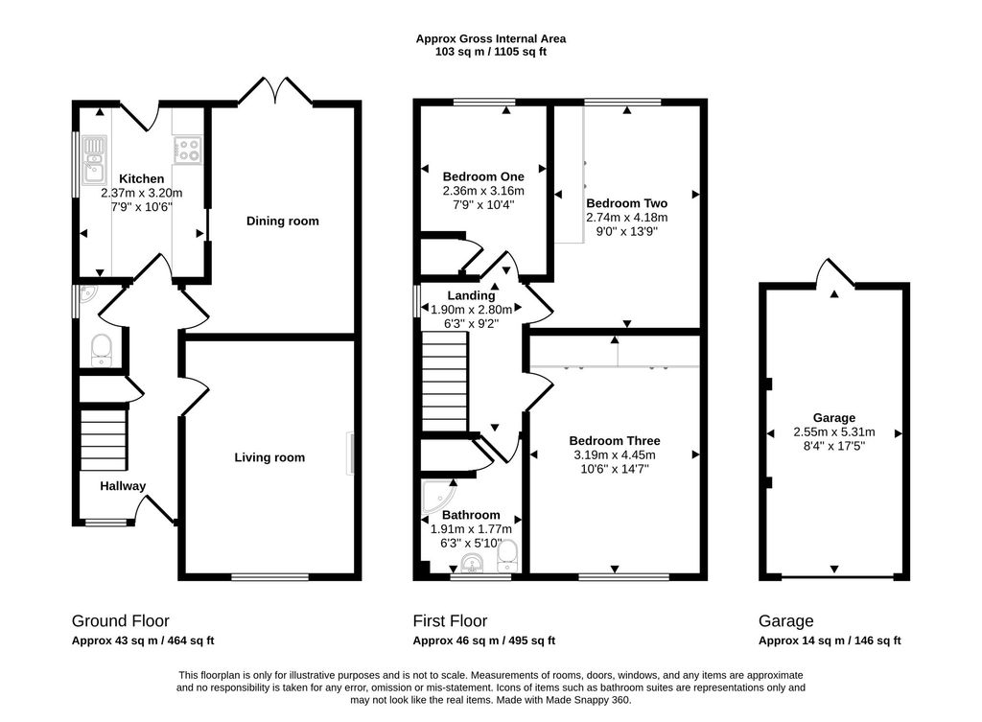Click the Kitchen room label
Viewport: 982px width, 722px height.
coord(142,179)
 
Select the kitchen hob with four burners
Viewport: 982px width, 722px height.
coord(188,149)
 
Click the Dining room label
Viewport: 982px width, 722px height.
coord(283,221)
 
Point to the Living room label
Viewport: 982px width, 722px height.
coord(269,457)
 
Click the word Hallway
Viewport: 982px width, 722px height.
coord(123,486)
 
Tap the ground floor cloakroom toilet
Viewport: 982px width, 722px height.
coord(101,350)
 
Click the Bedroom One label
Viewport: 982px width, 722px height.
coord(483,176)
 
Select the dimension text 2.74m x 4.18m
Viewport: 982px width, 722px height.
coord(627,218)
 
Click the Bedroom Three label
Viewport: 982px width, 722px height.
coord(615,441)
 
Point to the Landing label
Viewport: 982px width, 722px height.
coord(471,295)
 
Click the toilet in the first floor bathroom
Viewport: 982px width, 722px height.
coord(506,556)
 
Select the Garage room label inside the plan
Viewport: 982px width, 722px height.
coord(834,418)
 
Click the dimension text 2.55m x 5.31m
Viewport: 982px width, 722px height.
coord(834,432)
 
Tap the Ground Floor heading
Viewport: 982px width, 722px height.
coord(120,621)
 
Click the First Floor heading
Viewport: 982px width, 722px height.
coord(450,621)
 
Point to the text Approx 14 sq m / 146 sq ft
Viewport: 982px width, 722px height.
coord(830,640)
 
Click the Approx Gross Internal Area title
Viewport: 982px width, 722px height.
coord(491,38)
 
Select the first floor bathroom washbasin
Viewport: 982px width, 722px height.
coord(472,563)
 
